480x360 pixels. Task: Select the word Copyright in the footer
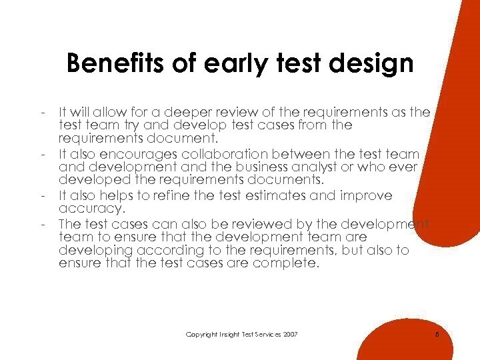pyautogui.click(x=201, y=333)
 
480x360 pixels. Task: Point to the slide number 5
pyautogui.click(x=436, y=333)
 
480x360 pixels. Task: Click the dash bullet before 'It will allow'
pyautogui.click(x=42, y=111)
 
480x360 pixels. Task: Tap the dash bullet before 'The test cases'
pyautogui.click(x=42, y=223)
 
